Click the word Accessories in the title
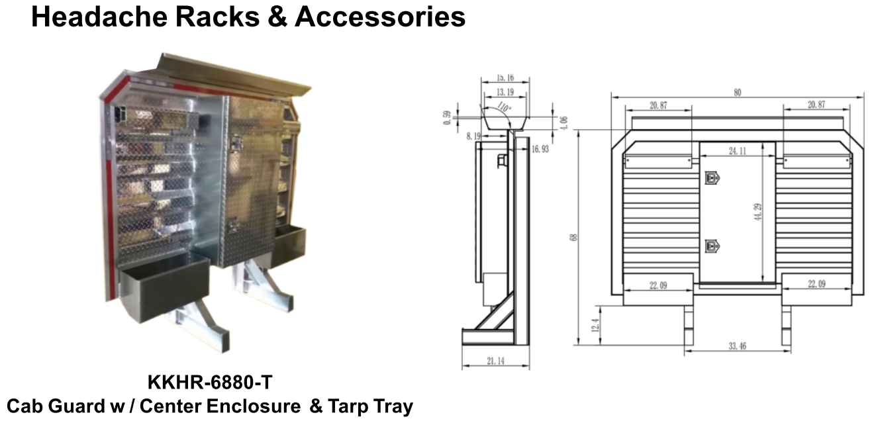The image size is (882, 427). click(380, 17)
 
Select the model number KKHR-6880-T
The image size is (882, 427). click(210, 382)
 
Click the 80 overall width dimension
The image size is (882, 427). click(738, 93)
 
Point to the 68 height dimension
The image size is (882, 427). click(573, 237)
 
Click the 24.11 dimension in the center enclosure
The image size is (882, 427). click(737, 151)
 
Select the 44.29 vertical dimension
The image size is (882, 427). click(758, 212)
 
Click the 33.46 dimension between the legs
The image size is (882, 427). click(737, 346)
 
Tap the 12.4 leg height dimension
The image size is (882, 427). click(595, 326)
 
